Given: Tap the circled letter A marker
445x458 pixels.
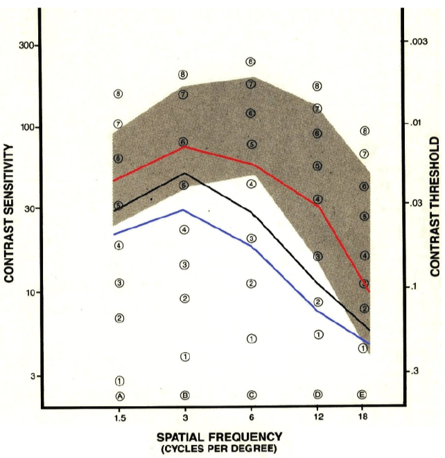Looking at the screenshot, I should pos(119,396).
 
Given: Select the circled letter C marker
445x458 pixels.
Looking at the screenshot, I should pos(252,395).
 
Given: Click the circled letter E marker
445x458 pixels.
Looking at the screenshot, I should pos(362,394).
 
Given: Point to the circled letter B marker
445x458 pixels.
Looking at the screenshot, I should pos(185,395).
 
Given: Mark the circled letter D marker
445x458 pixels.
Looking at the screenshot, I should pos(318,394).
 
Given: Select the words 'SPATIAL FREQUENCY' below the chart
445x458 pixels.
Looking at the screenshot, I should pos(219,437).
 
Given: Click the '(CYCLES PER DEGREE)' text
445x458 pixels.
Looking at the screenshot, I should pos(219,449).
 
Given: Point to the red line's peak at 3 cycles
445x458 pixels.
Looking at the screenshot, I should pos(185,147).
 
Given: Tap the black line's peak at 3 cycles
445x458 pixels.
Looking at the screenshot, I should pos(184,174).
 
